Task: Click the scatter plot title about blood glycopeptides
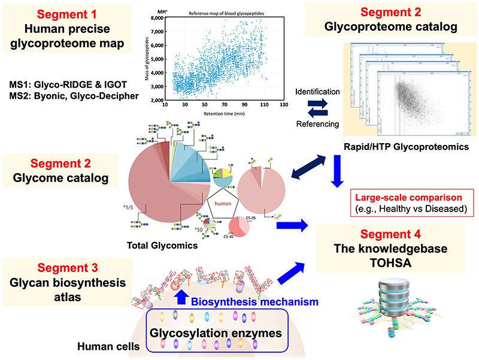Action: (226, 12)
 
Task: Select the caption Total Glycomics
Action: (155, 246)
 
